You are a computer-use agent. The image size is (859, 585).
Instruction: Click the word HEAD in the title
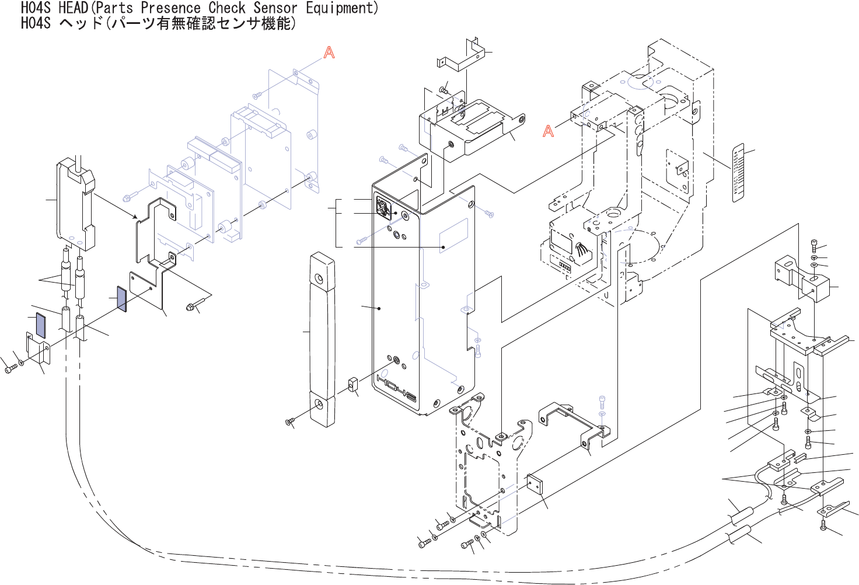73,8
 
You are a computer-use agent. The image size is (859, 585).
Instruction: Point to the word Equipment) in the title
342,8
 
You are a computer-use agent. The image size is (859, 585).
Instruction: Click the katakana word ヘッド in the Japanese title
81,23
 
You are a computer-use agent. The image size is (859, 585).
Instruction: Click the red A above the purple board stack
329,53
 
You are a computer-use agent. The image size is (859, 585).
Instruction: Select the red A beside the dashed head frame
548,131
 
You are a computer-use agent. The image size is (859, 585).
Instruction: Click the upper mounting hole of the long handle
319,278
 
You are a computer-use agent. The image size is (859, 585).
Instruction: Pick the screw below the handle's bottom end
289,422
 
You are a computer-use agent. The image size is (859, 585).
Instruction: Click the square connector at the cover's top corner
383,207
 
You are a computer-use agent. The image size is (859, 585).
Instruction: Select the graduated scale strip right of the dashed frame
738,172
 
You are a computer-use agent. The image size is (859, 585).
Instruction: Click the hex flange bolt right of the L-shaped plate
192,305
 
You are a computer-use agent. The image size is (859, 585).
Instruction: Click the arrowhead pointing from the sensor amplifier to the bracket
135,217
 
